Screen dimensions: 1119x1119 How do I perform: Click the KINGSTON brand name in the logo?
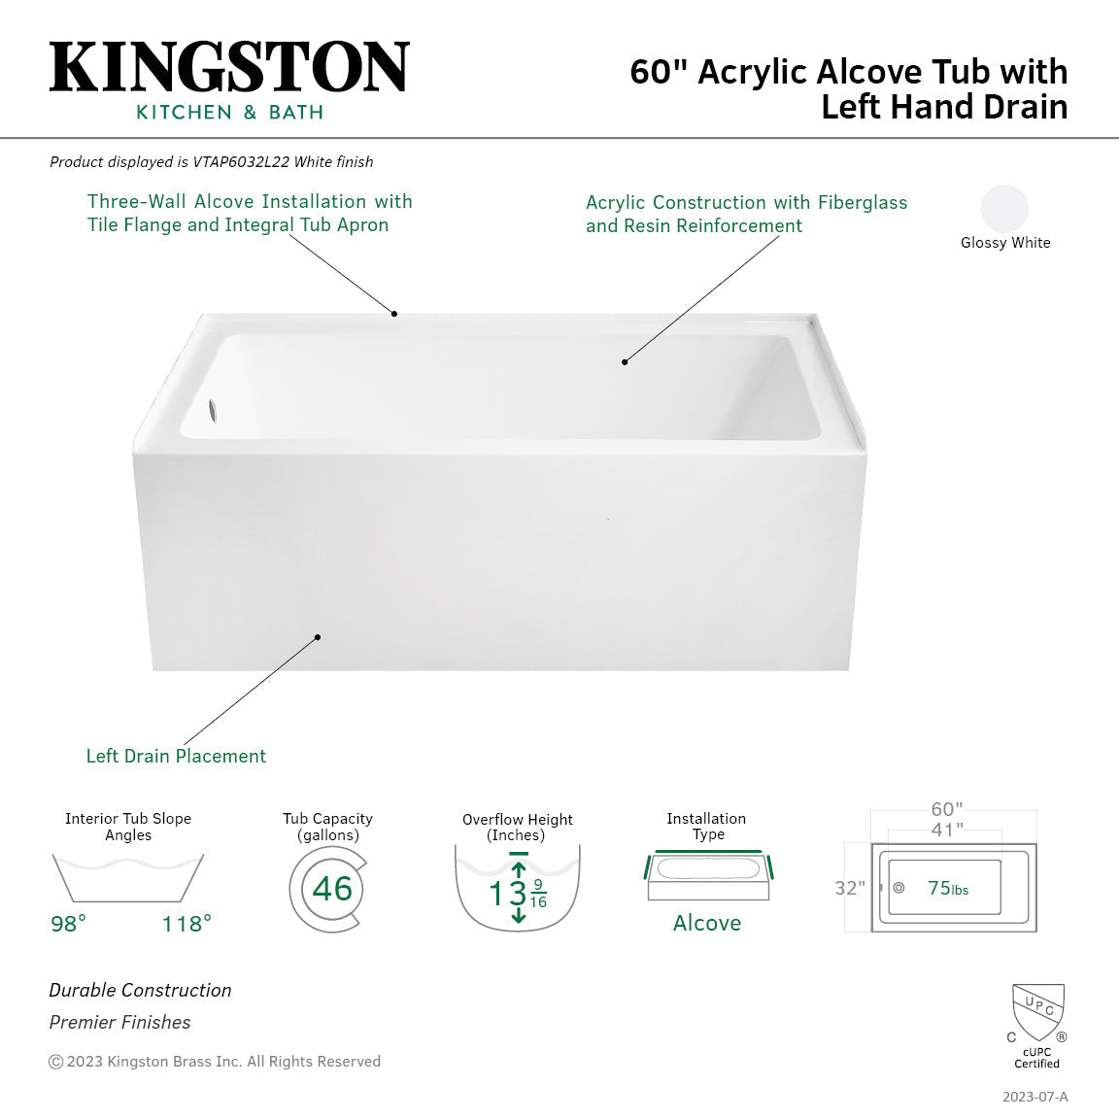pos(229,68)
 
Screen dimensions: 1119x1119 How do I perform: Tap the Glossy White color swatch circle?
pos(1004,208)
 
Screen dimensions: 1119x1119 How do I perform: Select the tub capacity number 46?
pos(332,889)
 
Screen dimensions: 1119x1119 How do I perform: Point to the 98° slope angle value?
pos(68,924)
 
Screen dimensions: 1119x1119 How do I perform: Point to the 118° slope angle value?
pos(186,924)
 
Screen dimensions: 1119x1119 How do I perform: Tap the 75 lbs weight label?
pos(947,888)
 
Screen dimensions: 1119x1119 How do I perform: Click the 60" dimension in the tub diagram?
pos(947,809)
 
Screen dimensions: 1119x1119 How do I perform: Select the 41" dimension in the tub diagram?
pos(947,830)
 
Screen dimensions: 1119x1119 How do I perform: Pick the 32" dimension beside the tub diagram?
pos(850,888)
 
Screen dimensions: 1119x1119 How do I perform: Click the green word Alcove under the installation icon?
pos(707,923)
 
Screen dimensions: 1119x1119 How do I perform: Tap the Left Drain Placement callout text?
pos(176,756)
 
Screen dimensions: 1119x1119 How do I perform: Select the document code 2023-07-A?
pos(1034,1097)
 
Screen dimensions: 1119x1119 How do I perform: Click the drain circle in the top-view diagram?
pos(899,888)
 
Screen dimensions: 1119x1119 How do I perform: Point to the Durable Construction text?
pos(140,990)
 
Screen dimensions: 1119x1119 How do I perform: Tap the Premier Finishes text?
pos(119,1022)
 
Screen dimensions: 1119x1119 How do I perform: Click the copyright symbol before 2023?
pos(56,1062)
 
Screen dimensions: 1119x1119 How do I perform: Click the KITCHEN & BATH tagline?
pos(229,113)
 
